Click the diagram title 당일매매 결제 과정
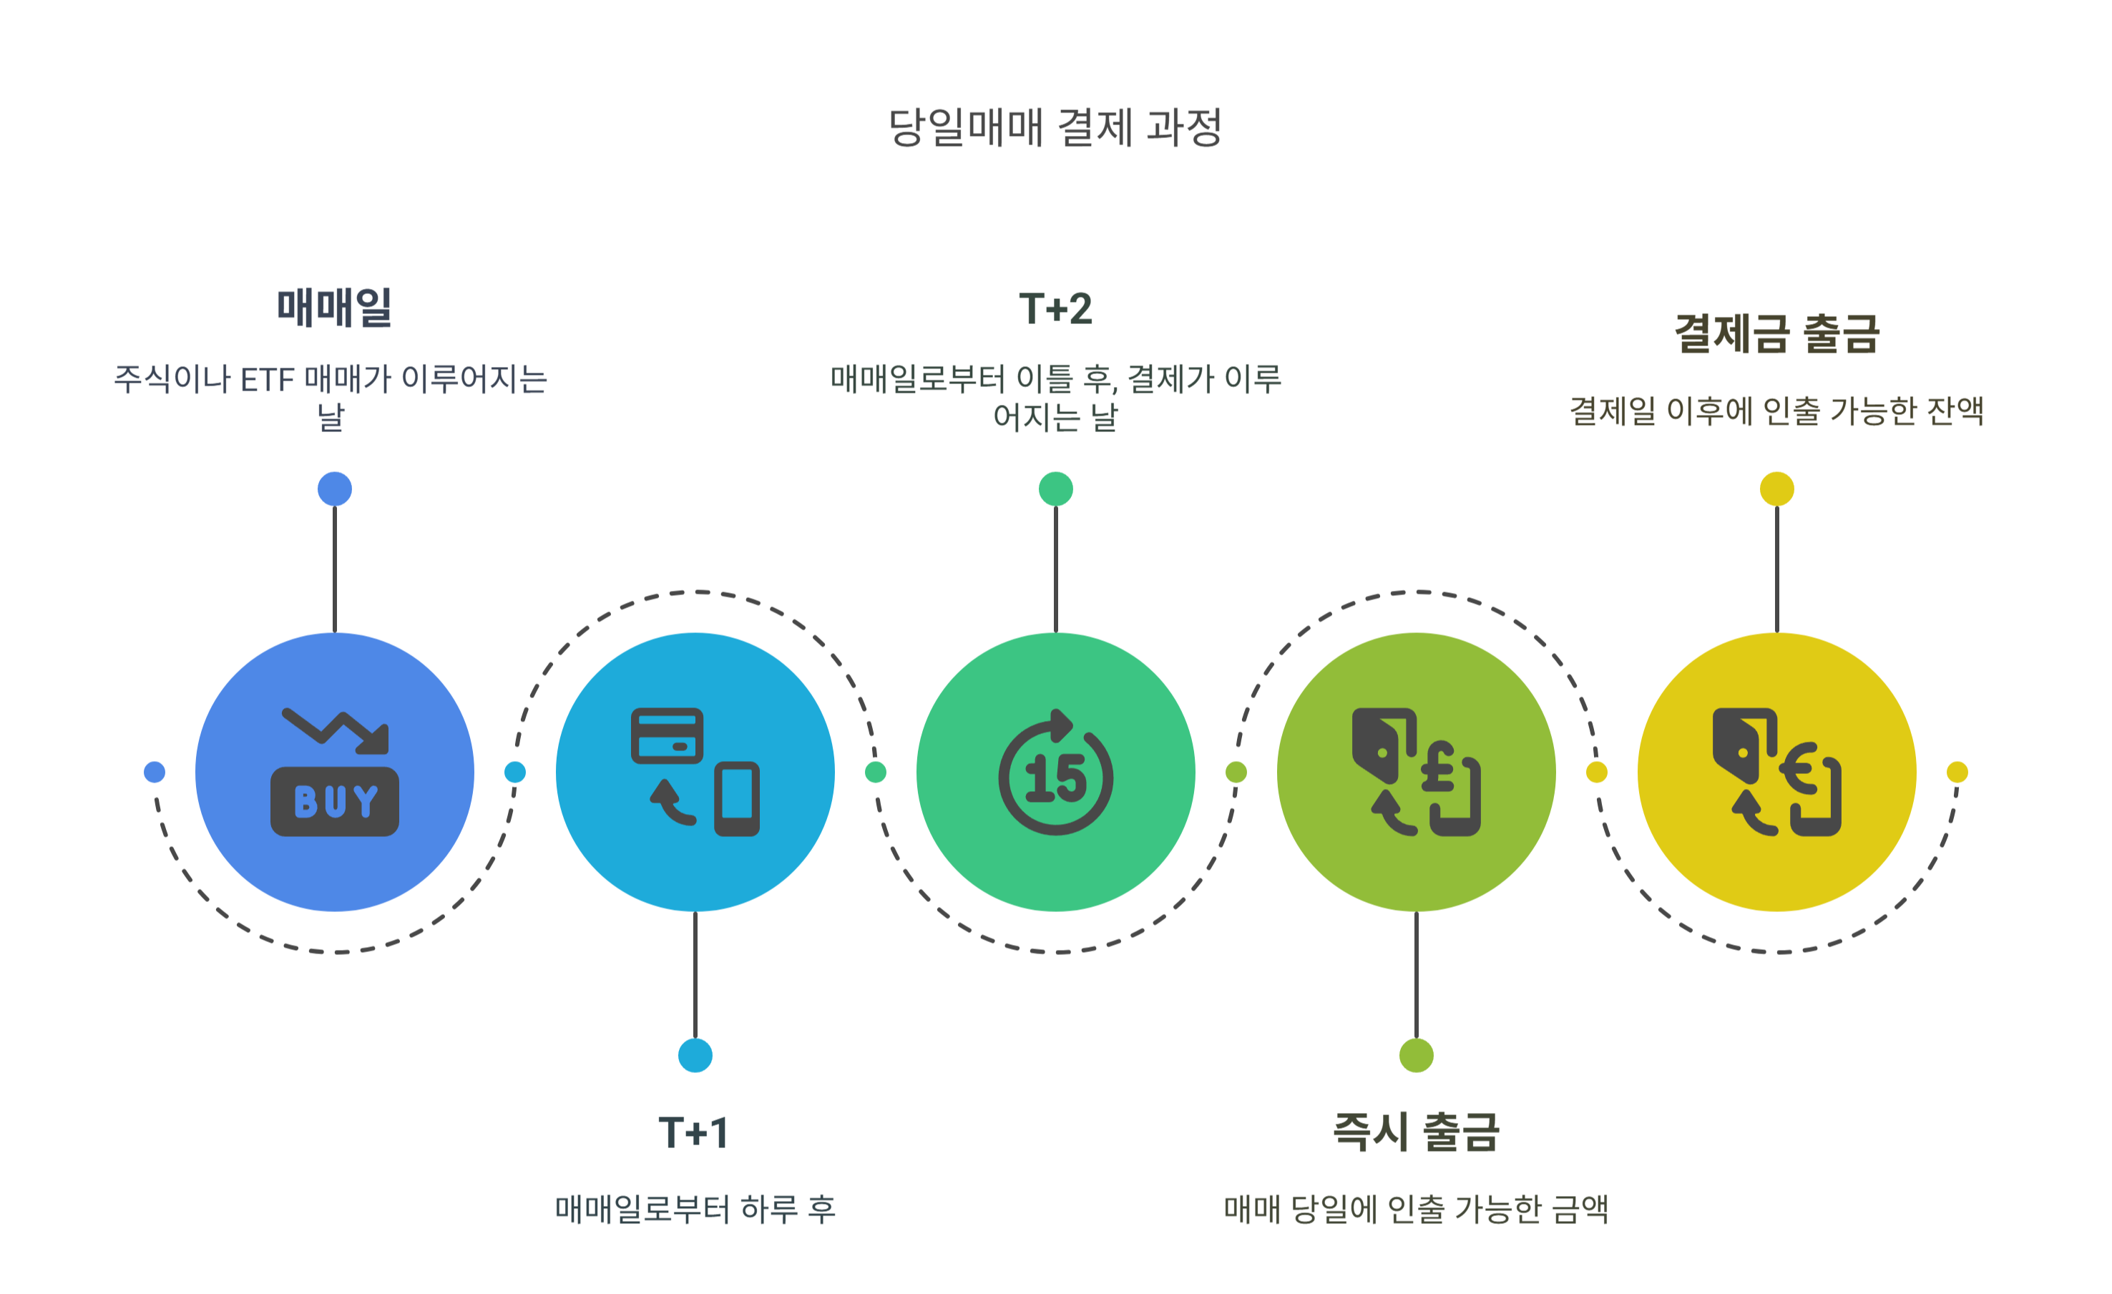point(1055,129)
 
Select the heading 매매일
point(334,308)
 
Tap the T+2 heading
point(1055,308)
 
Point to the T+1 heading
point(694,1133)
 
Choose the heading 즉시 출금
point(1416,1132)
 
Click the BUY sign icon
point(334,801)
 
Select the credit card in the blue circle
point(667,735)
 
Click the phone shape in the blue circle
point(737,799)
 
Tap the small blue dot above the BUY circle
point(334,489)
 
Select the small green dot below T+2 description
point(1055,489)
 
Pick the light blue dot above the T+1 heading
point(694,1055)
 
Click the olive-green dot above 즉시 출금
point(1416,1055)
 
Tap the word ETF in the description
point(268,380)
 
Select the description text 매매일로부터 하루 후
point(694,1209)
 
